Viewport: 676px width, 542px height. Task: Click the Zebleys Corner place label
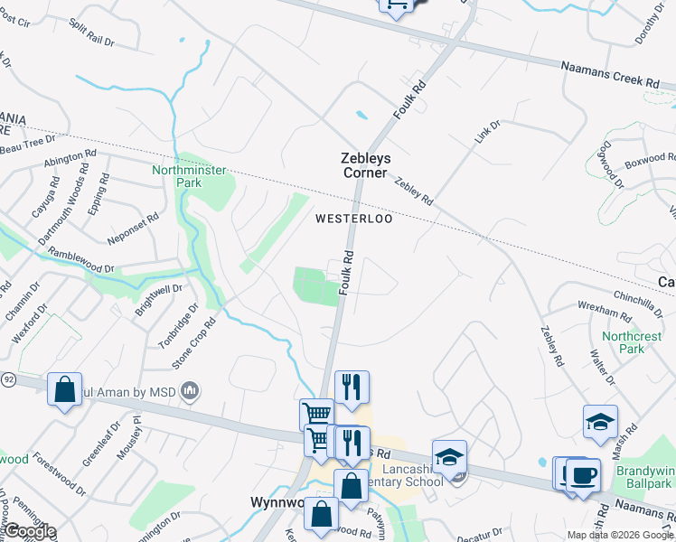click(x=364, y=164)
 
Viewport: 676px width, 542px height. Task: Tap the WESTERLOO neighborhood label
click(x=355, y=220)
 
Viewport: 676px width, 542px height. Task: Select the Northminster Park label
click(x=189, y=175)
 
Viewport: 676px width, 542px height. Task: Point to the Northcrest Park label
click(x=624, y=341)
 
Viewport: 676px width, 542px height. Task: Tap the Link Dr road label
click(x=487, y=134)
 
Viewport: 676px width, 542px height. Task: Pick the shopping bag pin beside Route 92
click(x=64, y=389)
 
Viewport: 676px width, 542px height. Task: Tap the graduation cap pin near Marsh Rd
click(x=599, y=422)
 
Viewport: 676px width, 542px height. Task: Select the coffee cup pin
click(x=583, y=473)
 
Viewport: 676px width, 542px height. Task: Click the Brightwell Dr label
click(x=158, y=295)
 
